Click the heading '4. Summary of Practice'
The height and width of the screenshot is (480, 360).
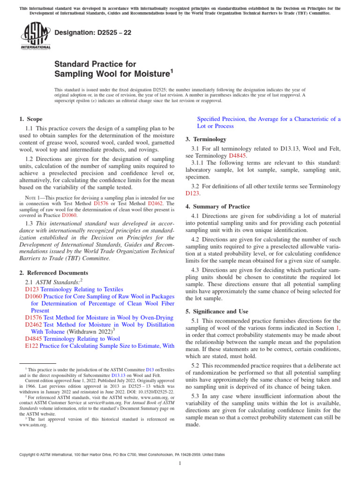point(217,206)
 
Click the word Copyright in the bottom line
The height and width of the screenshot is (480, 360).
point(29,455)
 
